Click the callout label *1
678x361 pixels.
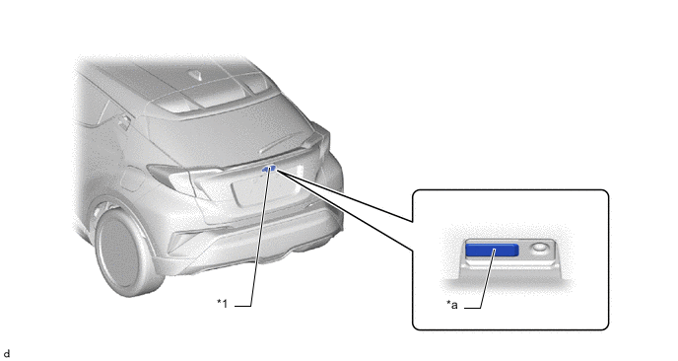222,304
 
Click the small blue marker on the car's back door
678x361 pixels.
268,170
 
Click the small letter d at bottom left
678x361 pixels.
7,352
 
